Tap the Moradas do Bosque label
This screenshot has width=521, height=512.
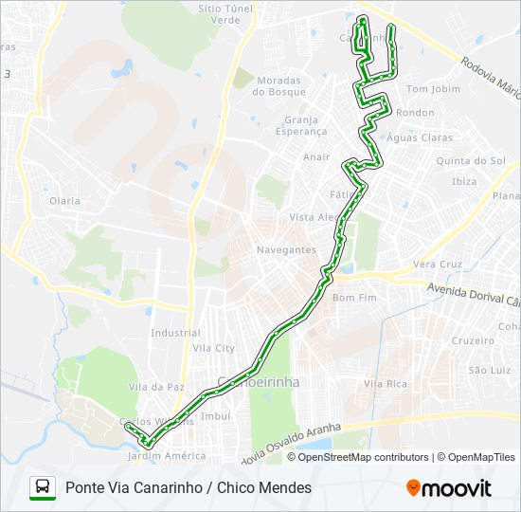[x=279, y=86]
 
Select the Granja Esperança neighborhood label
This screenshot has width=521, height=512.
[x=306, y=126]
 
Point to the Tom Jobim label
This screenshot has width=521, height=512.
[x=432, y=89]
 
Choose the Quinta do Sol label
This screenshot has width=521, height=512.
[x=470, y=161]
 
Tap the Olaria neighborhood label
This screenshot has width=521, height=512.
[x=65, y=201]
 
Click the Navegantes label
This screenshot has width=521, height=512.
[x=286, y=249]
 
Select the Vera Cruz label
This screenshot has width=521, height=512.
[x=438, y=265]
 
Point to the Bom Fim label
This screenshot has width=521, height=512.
[x=355, y=298]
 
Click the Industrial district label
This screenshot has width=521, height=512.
[x=175, y=333]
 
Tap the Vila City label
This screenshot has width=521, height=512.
[x=213, y=349]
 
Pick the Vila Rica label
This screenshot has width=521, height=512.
[x=385, y=384]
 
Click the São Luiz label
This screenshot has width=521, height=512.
[x=490, y=370]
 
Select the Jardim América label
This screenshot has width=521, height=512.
[x=166, y=456]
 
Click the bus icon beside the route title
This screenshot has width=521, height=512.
[x=43, y=488]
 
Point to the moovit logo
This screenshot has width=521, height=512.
[x=449, y=488]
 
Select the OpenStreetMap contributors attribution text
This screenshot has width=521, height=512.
[x=364, y=457]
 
